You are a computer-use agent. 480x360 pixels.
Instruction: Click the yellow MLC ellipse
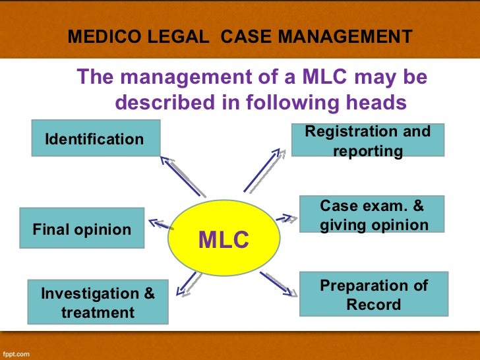click(224, 239)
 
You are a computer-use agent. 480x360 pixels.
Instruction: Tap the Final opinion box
click(82, 229)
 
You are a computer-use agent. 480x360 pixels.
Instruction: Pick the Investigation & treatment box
click(98, 302)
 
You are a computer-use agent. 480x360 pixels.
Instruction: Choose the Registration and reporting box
click(367, 140)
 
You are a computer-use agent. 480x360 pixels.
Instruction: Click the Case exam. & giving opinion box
click(373, 215)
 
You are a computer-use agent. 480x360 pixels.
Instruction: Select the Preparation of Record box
click(373, 294)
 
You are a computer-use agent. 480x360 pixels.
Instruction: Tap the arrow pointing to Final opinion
click(160, 225)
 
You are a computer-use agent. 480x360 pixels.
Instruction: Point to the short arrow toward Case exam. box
click(283, 218)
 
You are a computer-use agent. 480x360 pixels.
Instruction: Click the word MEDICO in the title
click(96, 37)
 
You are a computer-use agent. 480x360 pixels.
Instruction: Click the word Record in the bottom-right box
click(373, 304)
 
